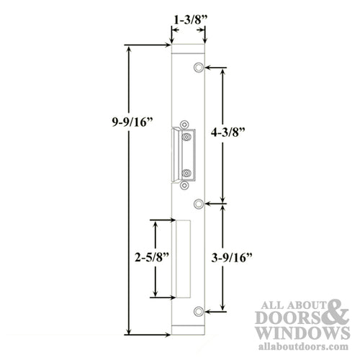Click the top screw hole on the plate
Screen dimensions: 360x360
(197, 68)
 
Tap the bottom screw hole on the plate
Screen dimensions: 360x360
(197, 311)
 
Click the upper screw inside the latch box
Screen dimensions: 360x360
(186, 135)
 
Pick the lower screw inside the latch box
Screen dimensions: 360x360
(186, 174)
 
